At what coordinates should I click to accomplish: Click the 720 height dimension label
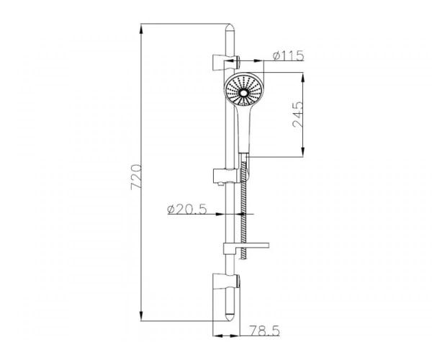pos(136,177)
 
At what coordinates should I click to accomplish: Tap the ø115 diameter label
pos(289,55)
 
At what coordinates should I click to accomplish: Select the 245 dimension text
pos(297,114)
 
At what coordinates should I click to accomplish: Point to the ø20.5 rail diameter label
pos(187,210)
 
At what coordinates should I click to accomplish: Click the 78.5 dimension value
pos(264,330)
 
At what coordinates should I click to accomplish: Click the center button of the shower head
pos(243,93)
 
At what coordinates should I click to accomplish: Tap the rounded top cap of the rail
pos(230,29)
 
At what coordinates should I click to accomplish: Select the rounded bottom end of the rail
pos(230,316)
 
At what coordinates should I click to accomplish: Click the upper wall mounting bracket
pos(226,63)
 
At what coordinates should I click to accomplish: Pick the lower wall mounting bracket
pos(226,282)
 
